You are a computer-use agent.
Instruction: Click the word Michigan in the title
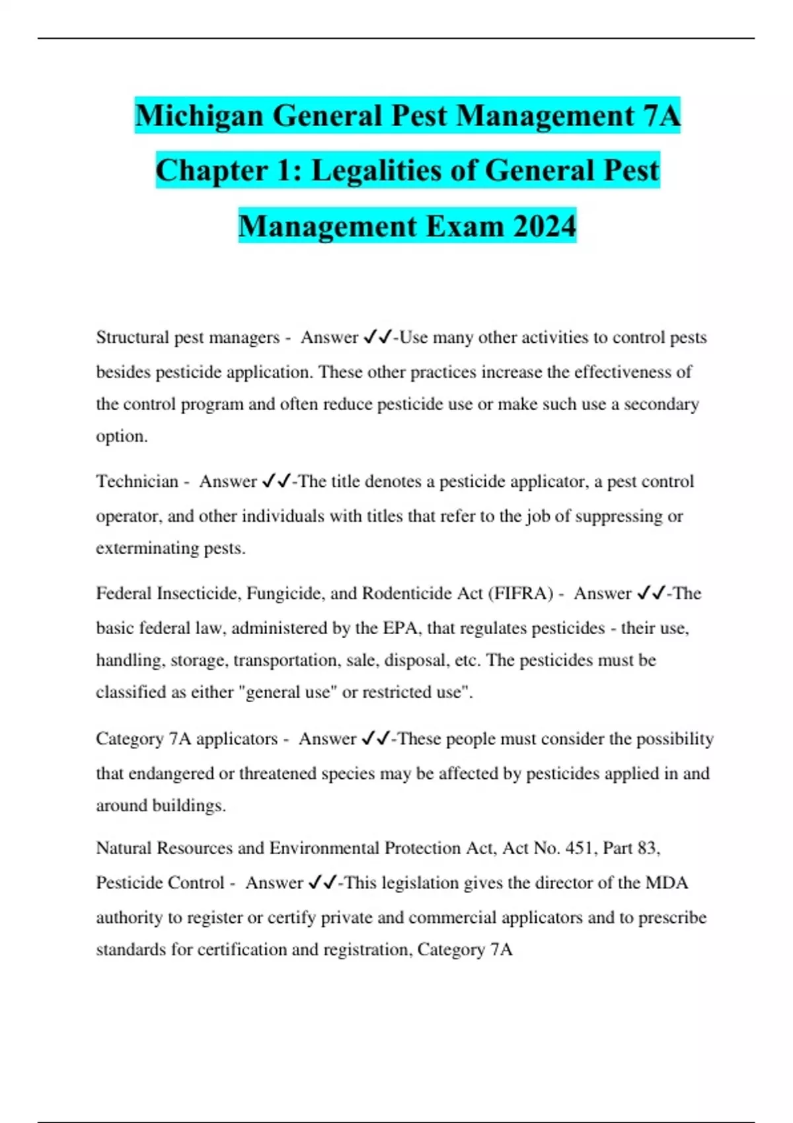198,116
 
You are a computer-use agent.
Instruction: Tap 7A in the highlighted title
661,116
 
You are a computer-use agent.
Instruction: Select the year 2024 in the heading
545,226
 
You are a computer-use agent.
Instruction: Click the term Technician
137,482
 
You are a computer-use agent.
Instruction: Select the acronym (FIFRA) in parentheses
521,593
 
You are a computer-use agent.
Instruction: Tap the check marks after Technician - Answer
276,482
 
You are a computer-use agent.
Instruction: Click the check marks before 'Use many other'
377,338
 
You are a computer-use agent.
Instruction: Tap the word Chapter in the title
211,170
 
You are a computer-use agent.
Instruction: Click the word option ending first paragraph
121,437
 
